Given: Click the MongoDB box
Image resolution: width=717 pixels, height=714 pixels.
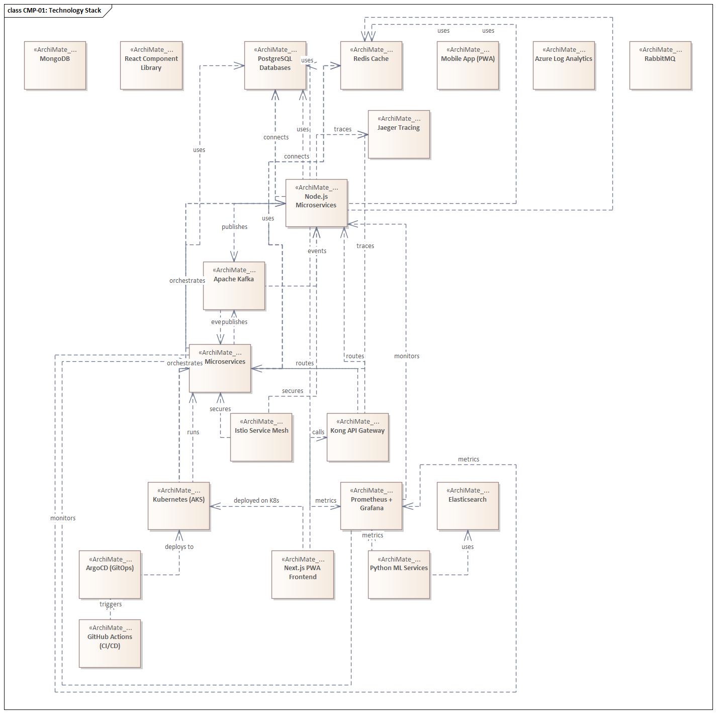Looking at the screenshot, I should coord(55,65).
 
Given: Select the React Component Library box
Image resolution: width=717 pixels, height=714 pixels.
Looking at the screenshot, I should coord(151,65).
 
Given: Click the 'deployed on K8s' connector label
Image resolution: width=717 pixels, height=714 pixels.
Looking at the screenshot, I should coord(256,501).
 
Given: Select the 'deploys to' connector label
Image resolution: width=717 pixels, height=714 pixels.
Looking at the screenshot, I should coord(179,547).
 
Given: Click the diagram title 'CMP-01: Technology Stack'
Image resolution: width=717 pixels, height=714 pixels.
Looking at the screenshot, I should coord(54,11).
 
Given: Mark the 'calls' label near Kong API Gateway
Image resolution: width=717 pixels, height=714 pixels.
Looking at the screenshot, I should coord(318,432).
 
